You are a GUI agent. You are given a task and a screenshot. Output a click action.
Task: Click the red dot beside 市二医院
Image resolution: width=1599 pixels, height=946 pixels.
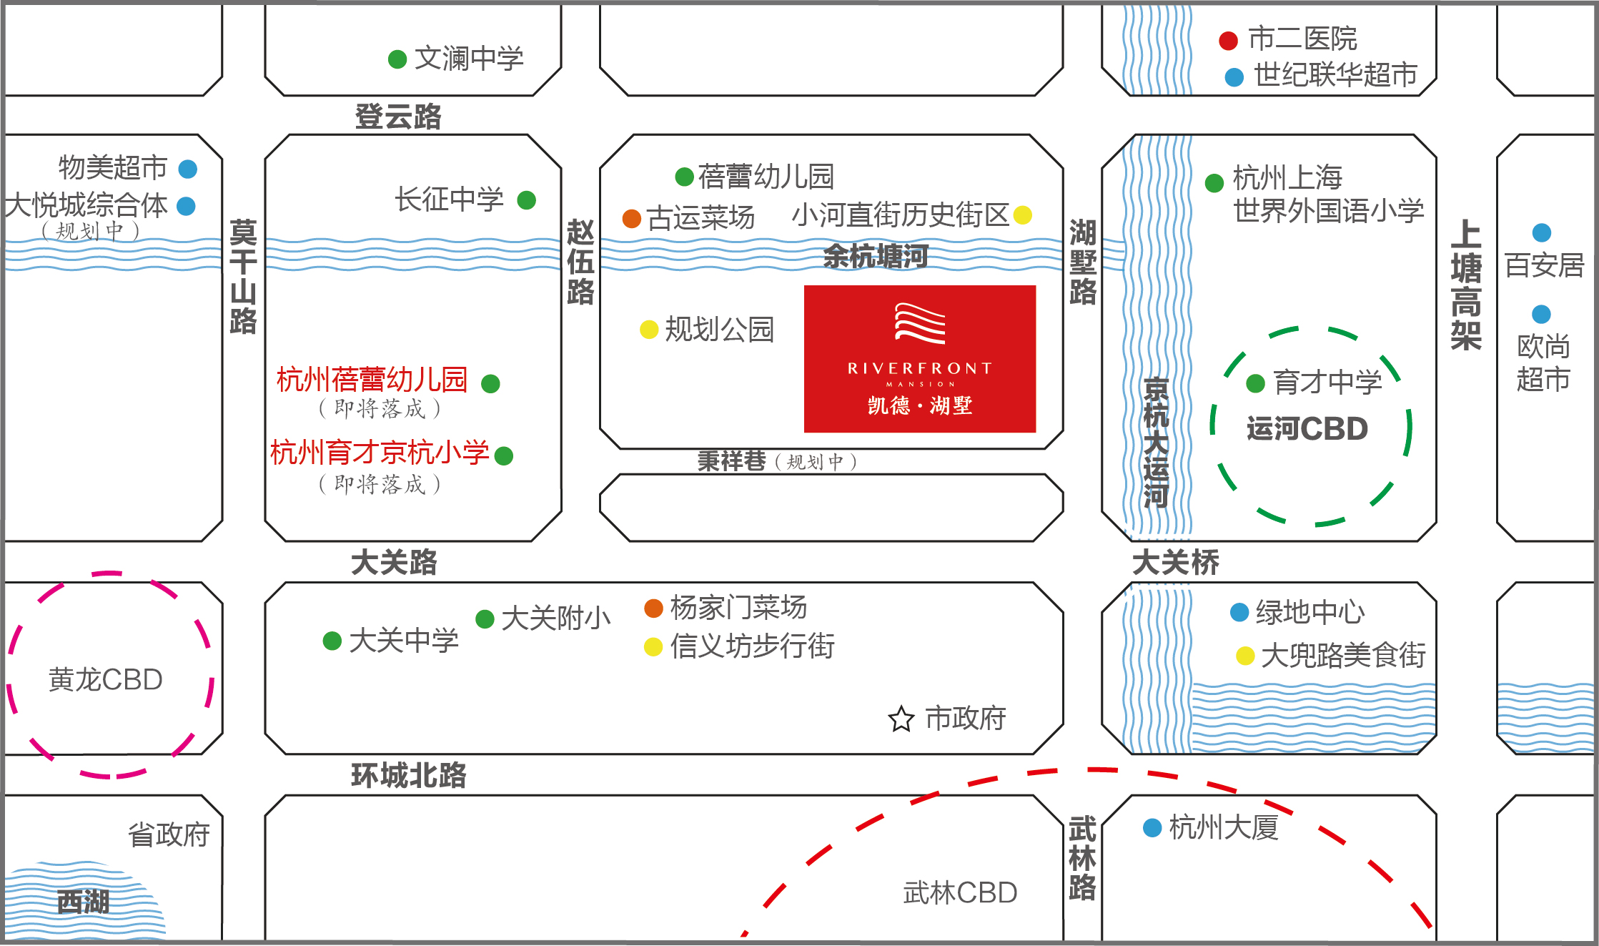click(x=1228, y=41)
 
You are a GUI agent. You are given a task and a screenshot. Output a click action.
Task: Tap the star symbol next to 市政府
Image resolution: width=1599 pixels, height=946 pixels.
click(x=901, y=719)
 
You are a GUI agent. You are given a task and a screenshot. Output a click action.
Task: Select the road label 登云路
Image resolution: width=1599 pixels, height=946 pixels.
click(x=398, y=117)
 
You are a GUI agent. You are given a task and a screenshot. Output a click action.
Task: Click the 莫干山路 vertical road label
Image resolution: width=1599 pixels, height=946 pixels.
click(x=243, y=277)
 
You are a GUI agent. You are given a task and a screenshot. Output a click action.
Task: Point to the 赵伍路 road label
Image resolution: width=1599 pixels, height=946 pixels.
click(x=580, y=262)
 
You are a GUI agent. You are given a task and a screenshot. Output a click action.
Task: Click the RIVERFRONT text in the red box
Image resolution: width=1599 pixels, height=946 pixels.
click(x=920, y=368)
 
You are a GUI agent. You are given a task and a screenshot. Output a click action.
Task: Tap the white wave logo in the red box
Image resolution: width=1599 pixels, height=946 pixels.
click(x=920, y=323)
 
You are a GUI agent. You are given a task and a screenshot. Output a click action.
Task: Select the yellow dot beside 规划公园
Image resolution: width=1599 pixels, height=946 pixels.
click(x=648, y=330)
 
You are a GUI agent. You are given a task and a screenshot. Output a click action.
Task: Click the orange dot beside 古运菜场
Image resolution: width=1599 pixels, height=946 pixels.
click(x=631, y=218)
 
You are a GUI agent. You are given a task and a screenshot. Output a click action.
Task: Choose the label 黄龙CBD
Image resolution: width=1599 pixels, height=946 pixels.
click(x=106, y=679)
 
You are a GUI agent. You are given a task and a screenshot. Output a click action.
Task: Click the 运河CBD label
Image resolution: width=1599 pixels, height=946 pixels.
click(x=1307, y=428)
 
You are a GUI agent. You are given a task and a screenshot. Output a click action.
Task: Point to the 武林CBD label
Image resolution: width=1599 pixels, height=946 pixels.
click(x=960, y=892)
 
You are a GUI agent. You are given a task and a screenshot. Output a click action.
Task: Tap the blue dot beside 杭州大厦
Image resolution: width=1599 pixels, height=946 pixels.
click(x=1152, y=828)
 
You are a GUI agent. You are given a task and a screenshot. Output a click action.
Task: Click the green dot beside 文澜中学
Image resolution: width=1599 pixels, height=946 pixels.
click(x=397, y=59)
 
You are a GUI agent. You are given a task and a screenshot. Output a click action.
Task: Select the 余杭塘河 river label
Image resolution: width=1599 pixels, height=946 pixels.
click(x=876, y=256)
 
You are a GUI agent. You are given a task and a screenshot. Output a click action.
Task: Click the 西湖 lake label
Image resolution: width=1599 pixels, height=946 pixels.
click(x=83, y=902)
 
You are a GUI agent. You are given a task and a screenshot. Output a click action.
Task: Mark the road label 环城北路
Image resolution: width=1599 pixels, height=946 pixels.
click(x=409, y=775)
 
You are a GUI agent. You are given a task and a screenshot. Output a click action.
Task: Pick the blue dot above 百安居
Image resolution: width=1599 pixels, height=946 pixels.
click(x=1542, y=232)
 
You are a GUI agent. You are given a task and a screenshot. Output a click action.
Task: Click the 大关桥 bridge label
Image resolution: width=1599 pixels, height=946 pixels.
click(x=1176, y=562)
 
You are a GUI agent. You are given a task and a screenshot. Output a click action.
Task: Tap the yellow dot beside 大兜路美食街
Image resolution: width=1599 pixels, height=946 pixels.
click(x=1245, y=656)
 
